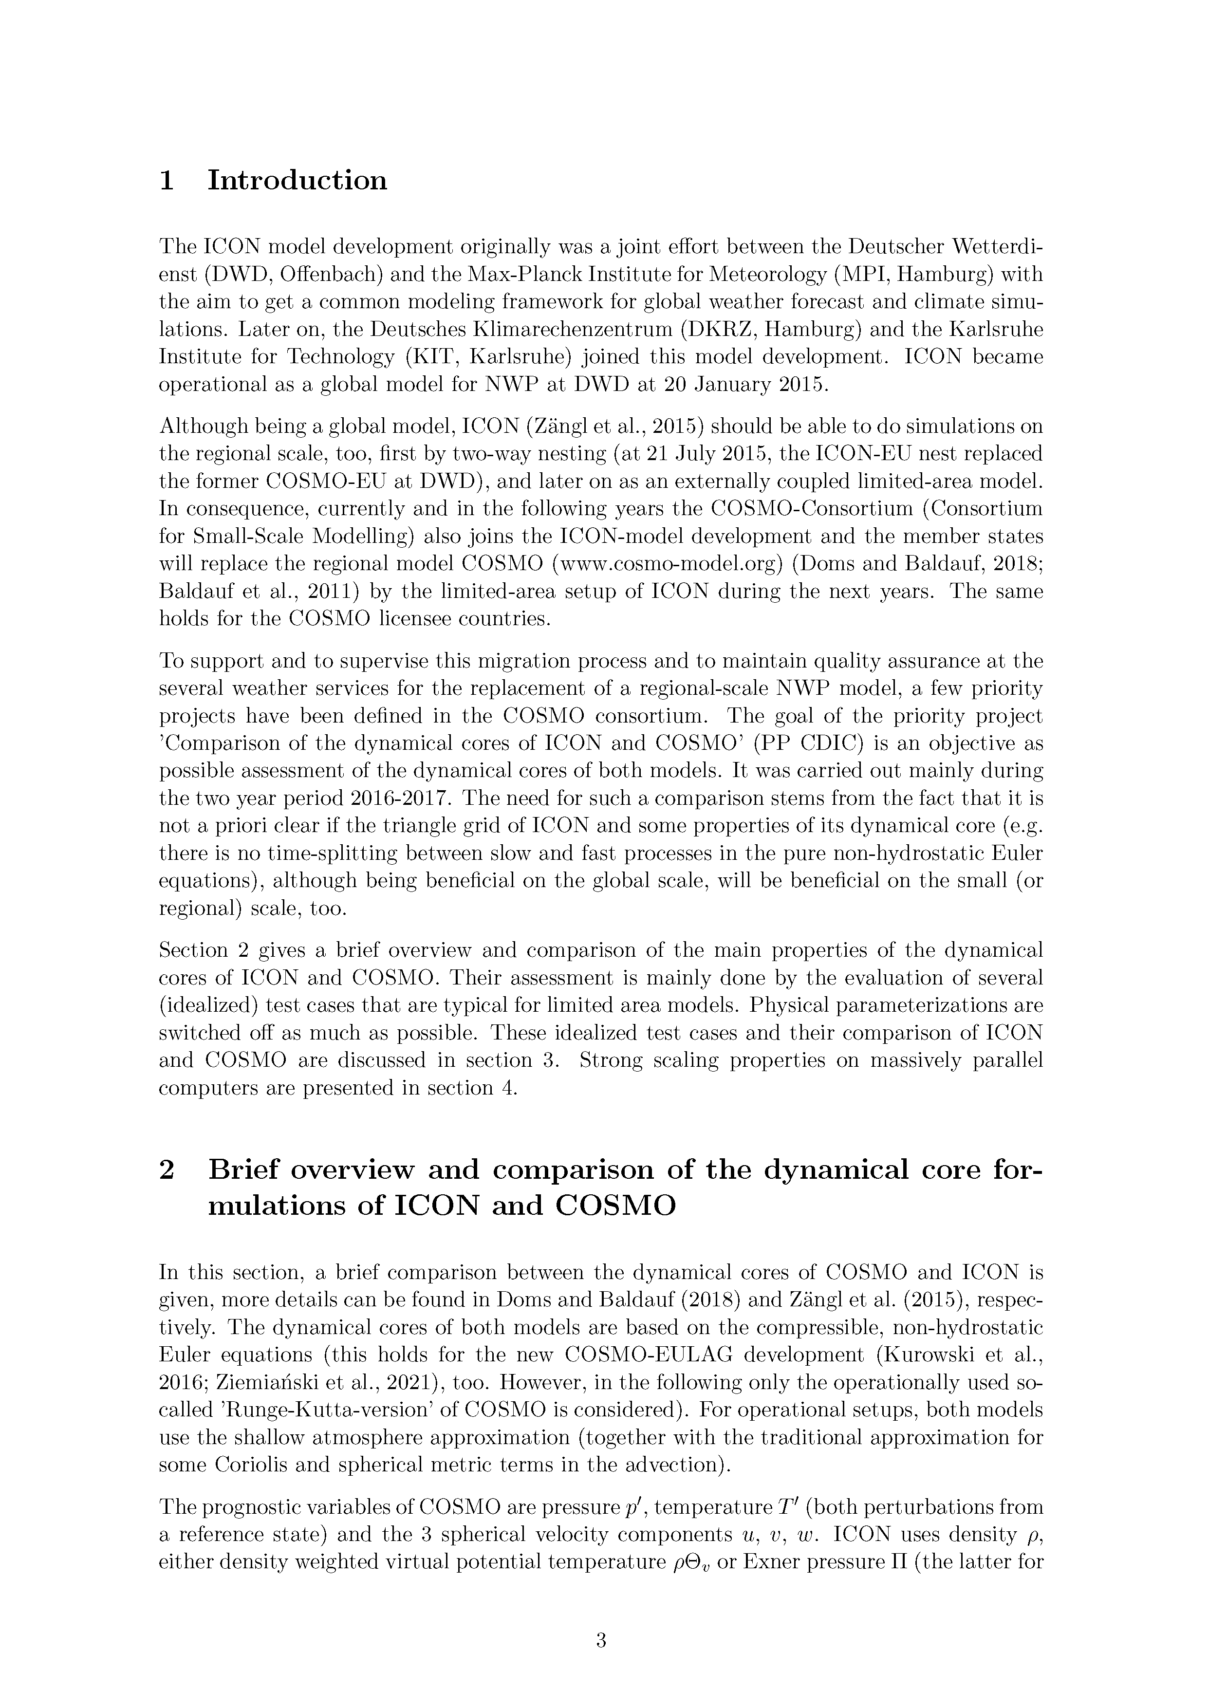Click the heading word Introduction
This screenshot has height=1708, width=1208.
[x=297, y=181]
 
